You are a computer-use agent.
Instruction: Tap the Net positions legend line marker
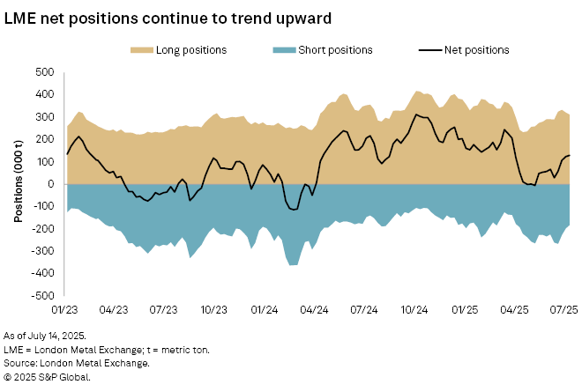point(432,50)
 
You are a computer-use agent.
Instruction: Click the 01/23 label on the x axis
point(65,310)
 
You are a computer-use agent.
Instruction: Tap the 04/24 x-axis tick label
point(317,310)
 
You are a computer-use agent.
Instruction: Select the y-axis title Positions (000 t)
point(18,184)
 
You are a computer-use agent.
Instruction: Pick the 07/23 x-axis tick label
point(166,310)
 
